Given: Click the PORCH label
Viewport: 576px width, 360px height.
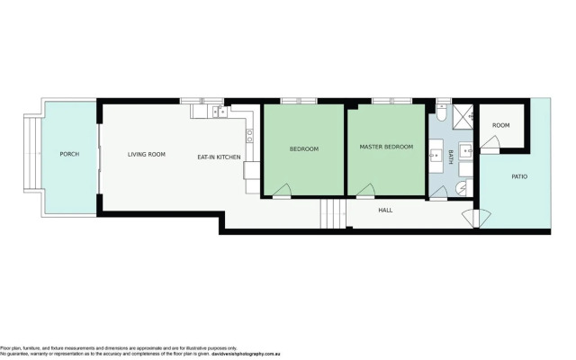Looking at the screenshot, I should [x=69, y=155].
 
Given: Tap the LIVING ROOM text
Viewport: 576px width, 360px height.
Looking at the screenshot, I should [x=146, y=155].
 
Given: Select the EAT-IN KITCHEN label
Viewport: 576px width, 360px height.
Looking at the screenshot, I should [x=219, y=157].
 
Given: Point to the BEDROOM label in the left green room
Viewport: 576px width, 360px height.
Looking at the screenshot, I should [x=303, y=148].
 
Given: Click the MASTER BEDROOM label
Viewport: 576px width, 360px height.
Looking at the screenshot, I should [x=386, y=147].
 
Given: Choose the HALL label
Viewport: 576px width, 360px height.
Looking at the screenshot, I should [x=385, y=211].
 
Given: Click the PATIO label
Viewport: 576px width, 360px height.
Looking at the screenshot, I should [x=519, y=176].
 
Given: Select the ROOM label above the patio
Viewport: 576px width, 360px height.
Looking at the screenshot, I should [x=500, y=125].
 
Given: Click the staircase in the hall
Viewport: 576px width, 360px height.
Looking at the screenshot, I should [x=332, y=214].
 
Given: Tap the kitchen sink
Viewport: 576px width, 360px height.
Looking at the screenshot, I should [x=218, y=112].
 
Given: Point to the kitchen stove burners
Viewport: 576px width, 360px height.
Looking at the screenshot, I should [x=249, y=136].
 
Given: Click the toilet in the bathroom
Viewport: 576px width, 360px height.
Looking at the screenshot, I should [x=444, y=117].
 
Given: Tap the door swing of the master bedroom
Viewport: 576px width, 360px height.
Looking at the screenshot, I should [x=365, y=190].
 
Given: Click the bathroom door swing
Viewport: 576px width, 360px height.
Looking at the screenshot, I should [x=461, y=187].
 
